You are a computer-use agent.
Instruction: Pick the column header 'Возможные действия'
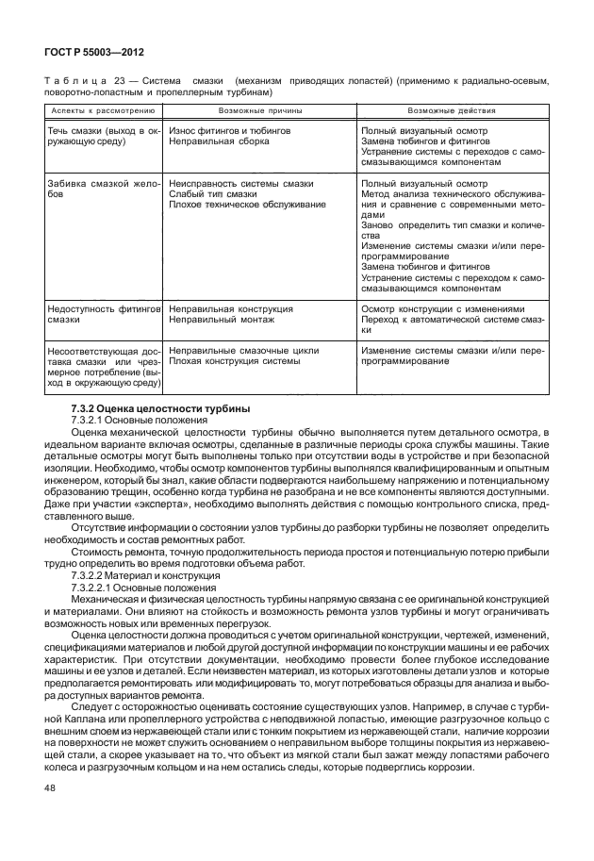[x=452, y=110]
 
